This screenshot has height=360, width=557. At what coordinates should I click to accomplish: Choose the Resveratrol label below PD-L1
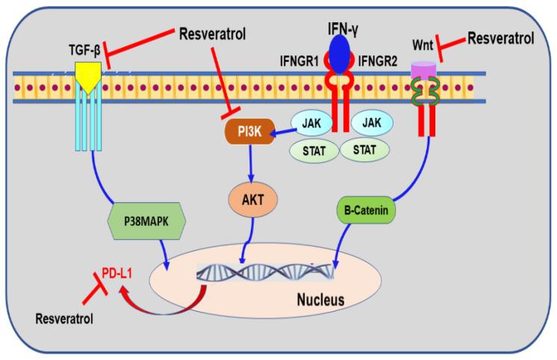(64, 319)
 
